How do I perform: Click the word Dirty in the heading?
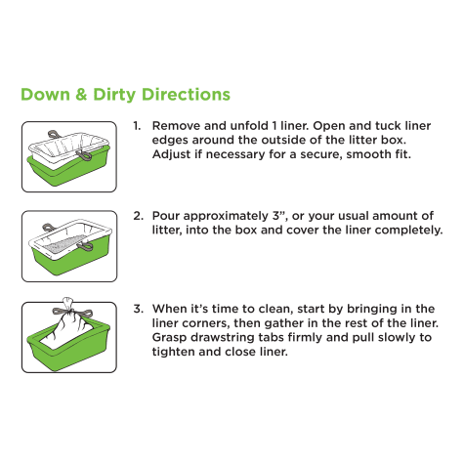coord(114,95)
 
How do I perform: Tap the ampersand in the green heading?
coord(81,95)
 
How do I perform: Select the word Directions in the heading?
coord(186,95)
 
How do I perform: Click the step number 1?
coord(137,126)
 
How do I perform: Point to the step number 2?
coord(138,216)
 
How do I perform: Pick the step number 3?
coord(138,309)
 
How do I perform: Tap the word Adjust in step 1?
coord(171,154)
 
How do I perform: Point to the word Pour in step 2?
coord(166,216)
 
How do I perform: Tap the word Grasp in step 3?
coord(169,337)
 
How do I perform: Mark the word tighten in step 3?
coord(171,352)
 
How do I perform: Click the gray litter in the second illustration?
coord(63,244)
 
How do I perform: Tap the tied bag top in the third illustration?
coord(67,304)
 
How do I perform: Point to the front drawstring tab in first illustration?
coord(84,155)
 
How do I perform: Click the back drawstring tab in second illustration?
coord(48,227)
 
